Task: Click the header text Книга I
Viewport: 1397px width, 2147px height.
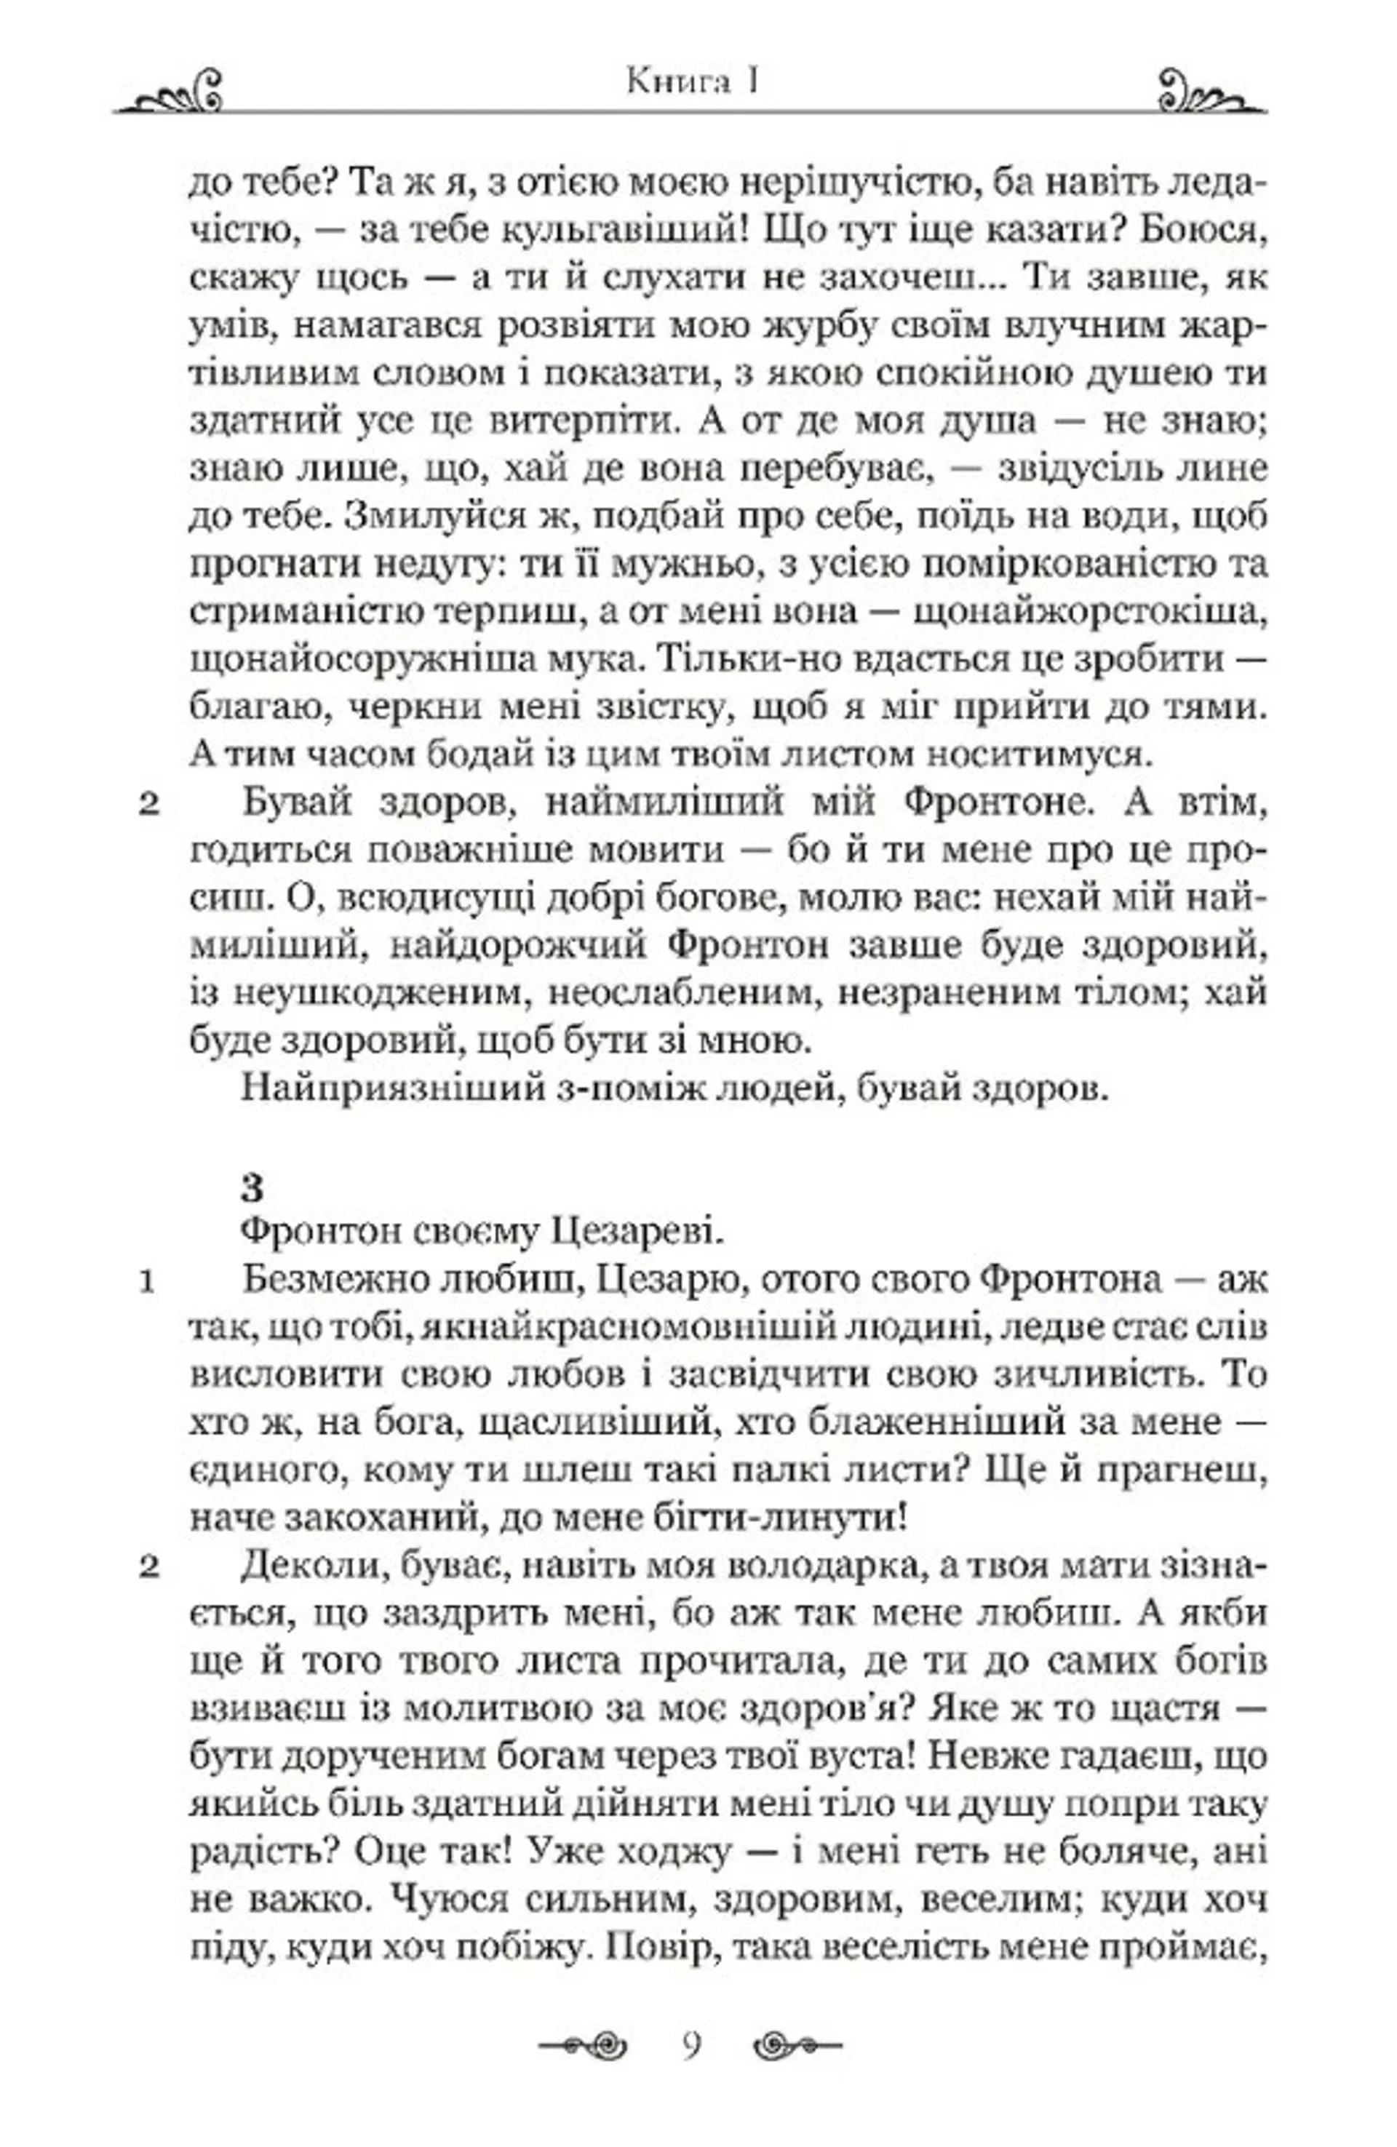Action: tap(691, 83)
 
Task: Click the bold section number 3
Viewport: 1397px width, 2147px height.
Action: tap(252, 1188)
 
